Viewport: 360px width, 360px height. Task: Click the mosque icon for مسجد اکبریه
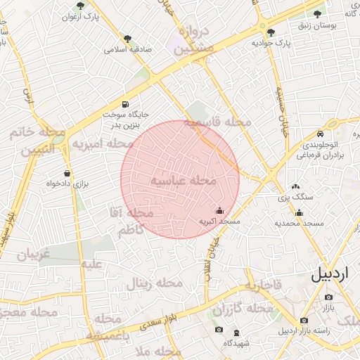click(219, 210)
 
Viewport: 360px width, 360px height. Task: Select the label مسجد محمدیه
click(300, 224)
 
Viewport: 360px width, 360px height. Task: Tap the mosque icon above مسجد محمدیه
click(300, 213)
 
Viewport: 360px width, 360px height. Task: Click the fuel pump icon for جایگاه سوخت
click(125, 103)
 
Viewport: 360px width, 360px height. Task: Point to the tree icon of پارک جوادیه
click(271, 32)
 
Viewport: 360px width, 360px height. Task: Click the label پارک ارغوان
click(78, 16)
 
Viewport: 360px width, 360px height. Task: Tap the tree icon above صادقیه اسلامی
click(127, 39)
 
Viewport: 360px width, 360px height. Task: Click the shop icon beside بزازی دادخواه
click(67, 173)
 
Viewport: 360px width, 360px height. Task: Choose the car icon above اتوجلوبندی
click(320, 134)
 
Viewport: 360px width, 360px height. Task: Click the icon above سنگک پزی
click(294, 187)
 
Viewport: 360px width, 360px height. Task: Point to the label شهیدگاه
click(235, 343)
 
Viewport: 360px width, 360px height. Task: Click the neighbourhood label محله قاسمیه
click(217, 122)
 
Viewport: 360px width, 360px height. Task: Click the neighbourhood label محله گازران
click(242, 309)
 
